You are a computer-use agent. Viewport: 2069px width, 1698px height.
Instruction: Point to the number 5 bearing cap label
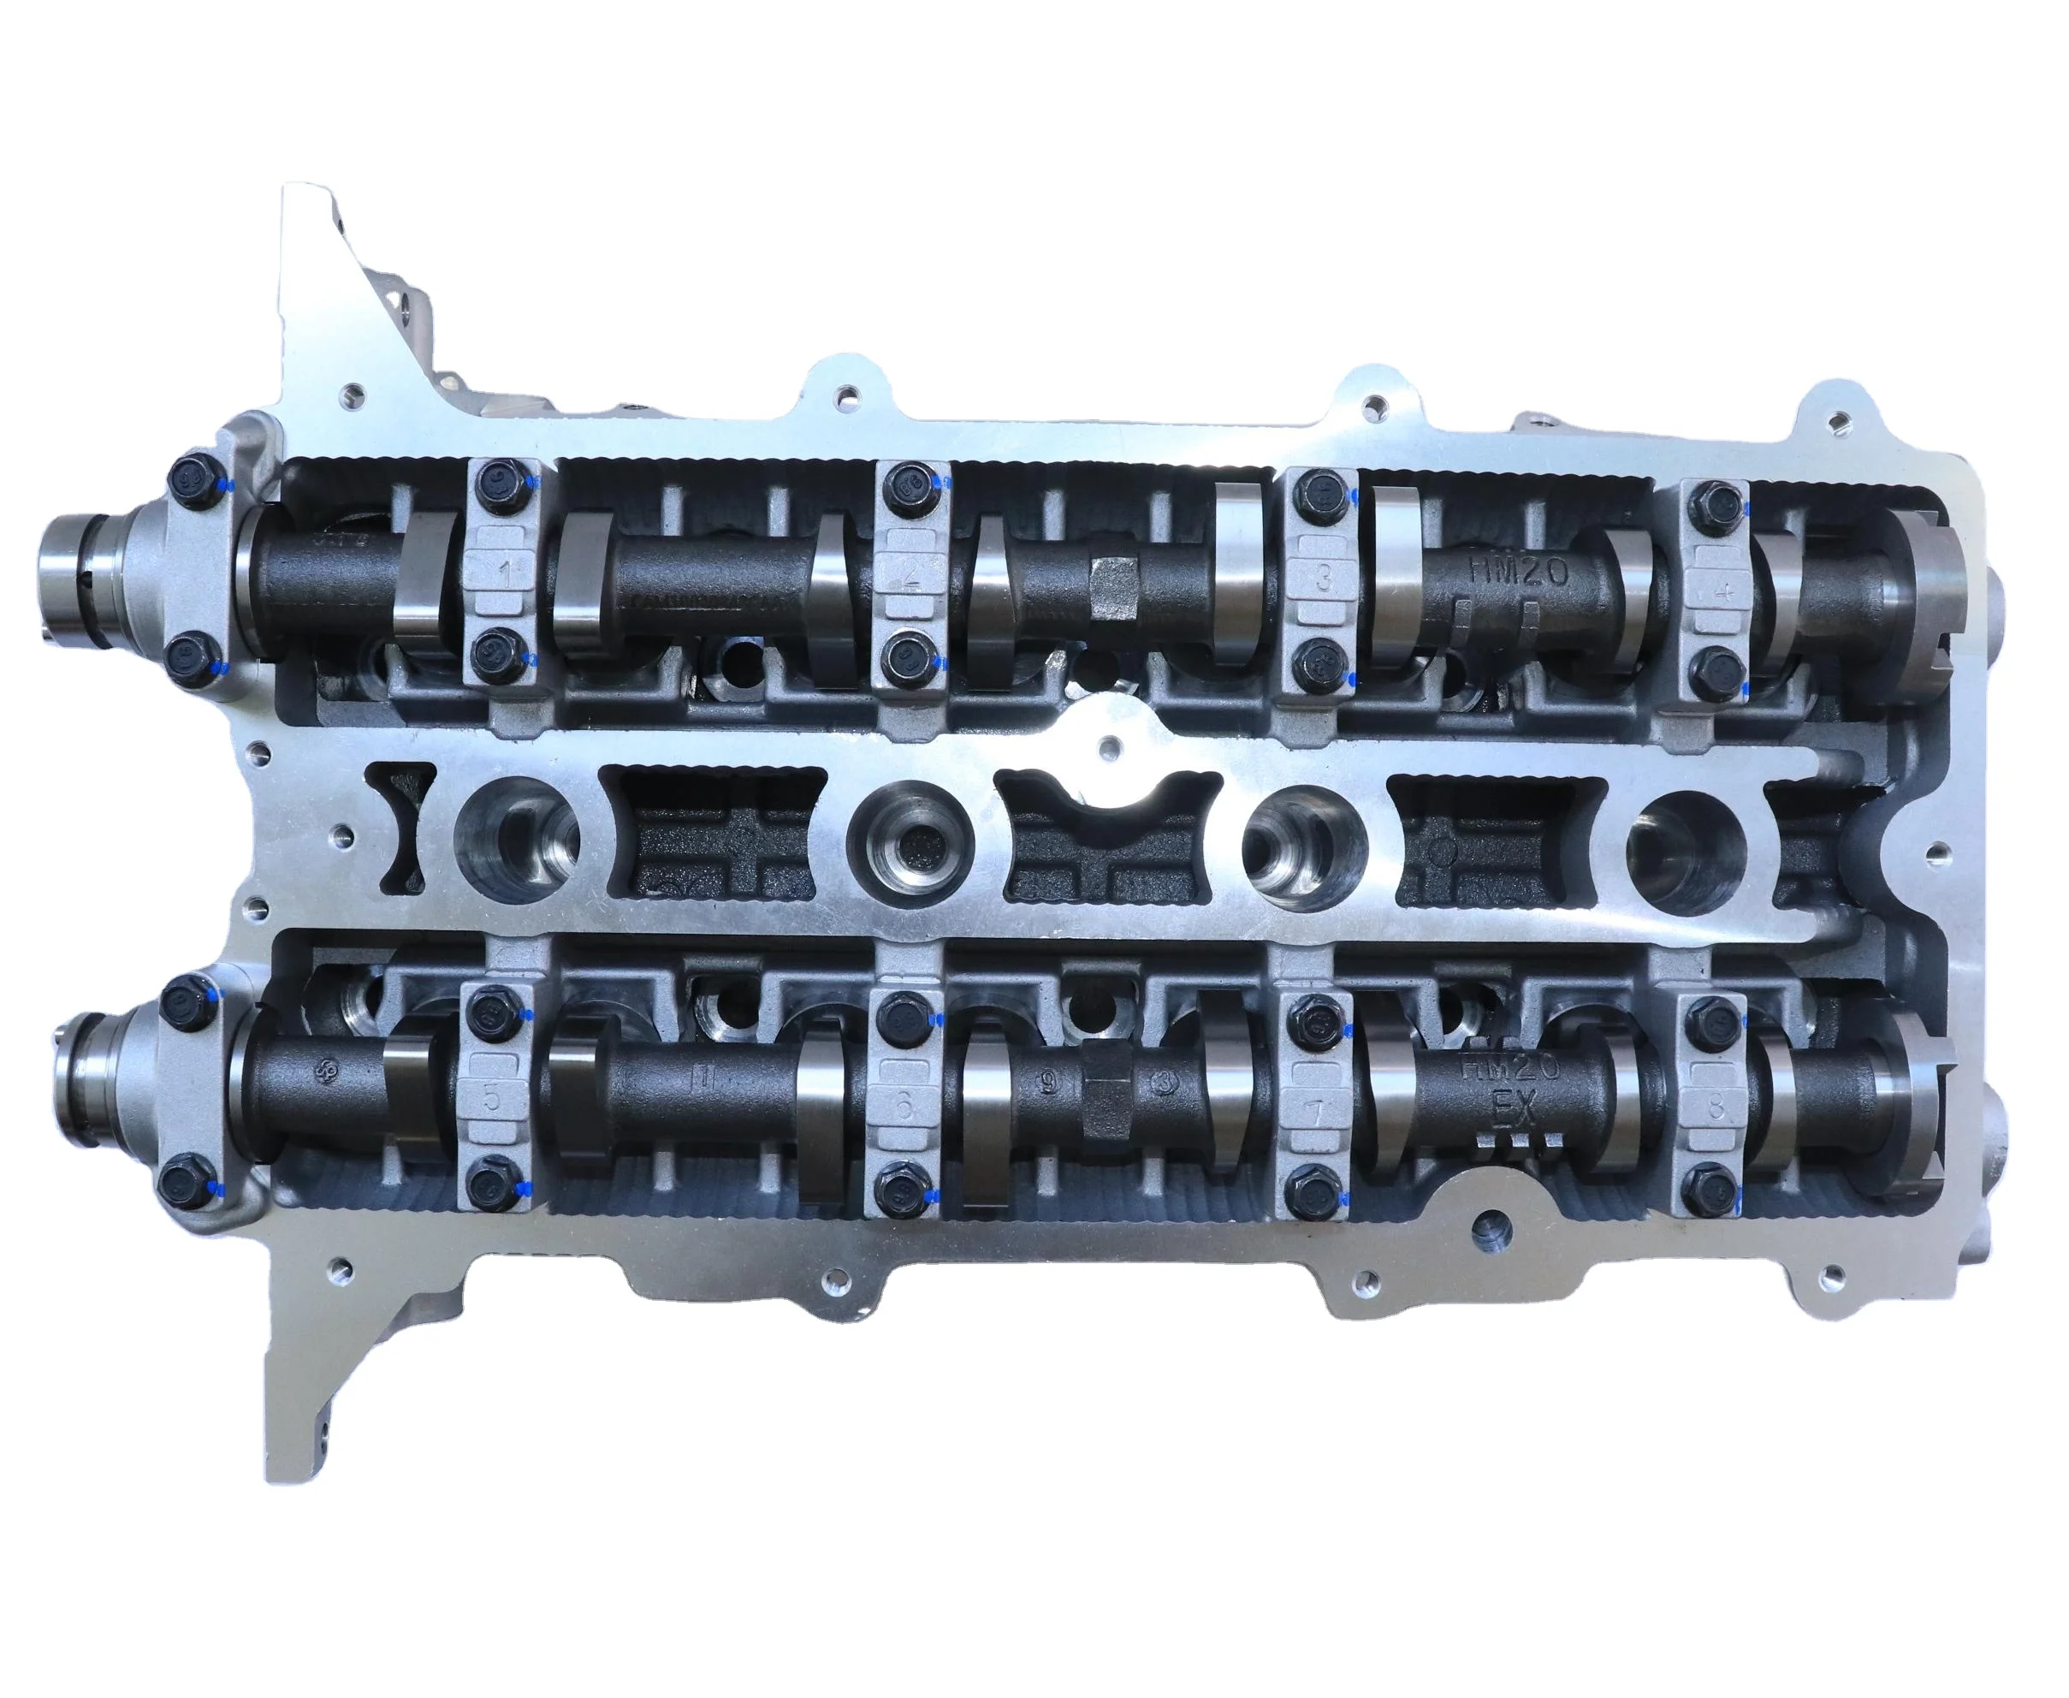(x=492, y=1096)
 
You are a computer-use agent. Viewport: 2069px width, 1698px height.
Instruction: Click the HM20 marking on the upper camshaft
(x=1519, y=571)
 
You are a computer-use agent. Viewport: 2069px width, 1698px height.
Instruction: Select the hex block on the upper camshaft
(x=1114, y=586)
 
